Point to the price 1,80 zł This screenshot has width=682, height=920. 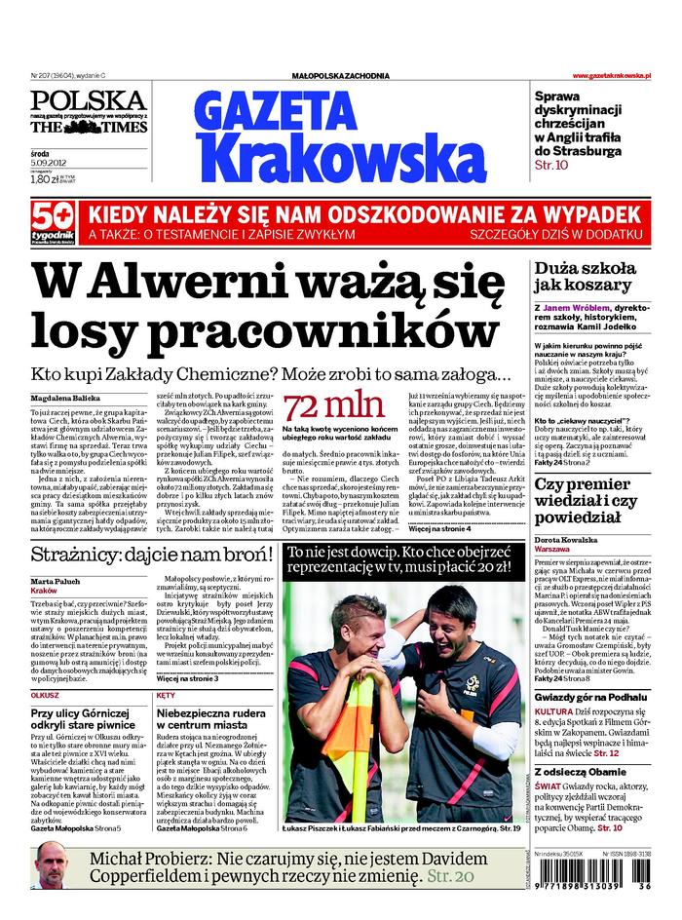pos(44,178)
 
